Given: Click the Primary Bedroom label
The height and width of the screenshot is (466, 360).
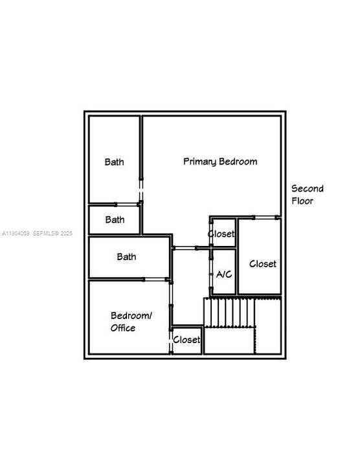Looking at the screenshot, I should [x=220, y=161].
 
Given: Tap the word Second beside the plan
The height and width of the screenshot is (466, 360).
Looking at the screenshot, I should [x=307, y=188].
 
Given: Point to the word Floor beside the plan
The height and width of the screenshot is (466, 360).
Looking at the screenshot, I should [x=302, y=201].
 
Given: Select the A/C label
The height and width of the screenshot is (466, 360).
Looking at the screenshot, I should [x=224, y=274].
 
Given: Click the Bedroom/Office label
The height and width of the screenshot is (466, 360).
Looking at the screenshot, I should [x=131, y=322].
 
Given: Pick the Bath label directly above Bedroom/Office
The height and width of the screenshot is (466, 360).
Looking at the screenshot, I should [x=127, y=256].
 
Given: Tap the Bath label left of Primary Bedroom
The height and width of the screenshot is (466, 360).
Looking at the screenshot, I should [x=115, y=162].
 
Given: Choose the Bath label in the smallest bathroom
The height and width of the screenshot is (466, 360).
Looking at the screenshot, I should [x=115, y=219].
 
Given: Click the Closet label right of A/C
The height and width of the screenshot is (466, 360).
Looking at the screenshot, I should [x=263, y=263].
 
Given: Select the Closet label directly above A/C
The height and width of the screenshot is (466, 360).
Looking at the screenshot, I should [x=221, y=234].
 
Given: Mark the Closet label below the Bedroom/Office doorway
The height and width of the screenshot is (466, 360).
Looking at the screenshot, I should [x=186, y=339].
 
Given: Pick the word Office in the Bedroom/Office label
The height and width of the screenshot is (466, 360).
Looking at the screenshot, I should [x=122, y=328].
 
